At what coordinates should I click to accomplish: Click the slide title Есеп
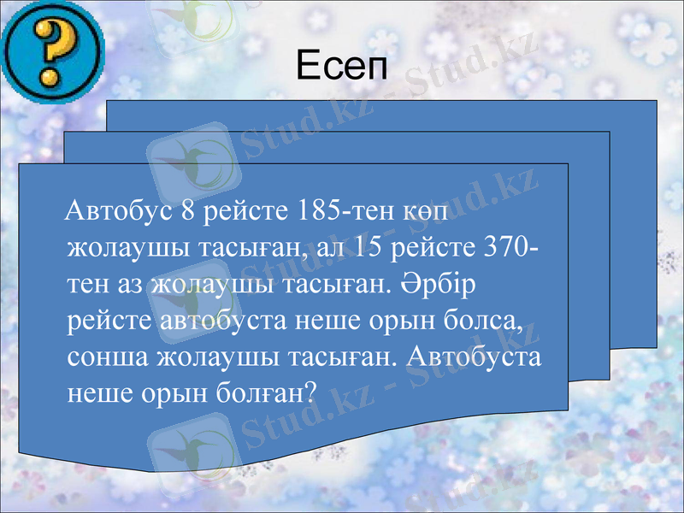click(341, 64)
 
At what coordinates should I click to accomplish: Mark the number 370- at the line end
click(511, 248)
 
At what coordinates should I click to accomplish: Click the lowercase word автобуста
click(215, 320)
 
